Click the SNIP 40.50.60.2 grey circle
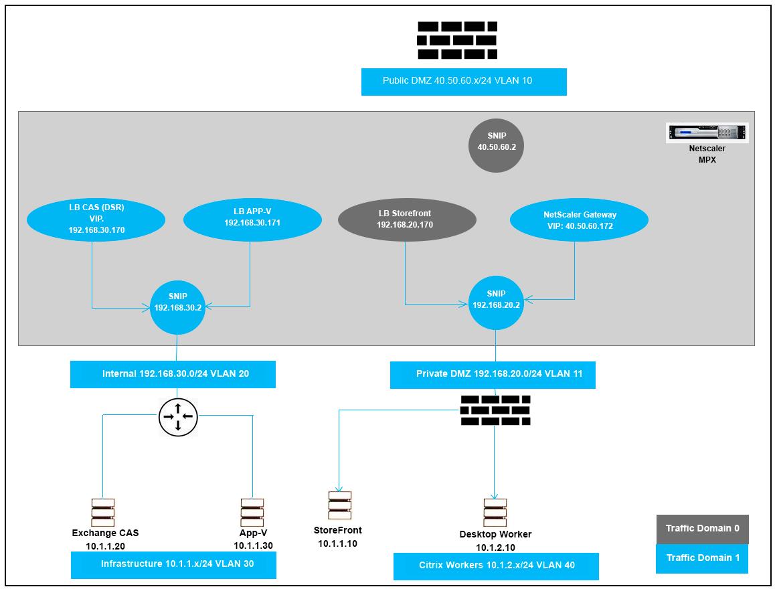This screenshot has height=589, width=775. (496, 146)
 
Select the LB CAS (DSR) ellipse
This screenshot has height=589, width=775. (96, 219)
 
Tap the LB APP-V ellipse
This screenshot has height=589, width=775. (252, 219)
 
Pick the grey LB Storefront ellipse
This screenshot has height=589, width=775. (408, 219)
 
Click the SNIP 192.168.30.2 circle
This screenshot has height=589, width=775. (177, 307)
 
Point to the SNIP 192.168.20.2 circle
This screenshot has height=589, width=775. (496, 303)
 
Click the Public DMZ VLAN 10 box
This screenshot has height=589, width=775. (464, 82)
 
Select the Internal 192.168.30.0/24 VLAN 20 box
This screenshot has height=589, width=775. (173, 374)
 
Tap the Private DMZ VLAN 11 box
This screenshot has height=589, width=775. (493, 375)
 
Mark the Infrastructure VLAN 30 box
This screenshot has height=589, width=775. (173, 565)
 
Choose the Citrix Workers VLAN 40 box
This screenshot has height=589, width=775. (496, 566)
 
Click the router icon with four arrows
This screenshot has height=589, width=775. (179, 417)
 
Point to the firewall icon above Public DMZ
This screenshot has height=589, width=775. (457, 40)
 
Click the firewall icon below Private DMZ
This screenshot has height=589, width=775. (495, 410)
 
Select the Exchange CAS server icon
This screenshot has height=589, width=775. (103, 513)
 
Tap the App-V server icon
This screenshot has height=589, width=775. (252, 513)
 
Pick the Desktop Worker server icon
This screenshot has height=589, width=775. (495, 513)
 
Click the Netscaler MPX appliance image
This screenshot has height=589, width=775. (707, 133)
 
